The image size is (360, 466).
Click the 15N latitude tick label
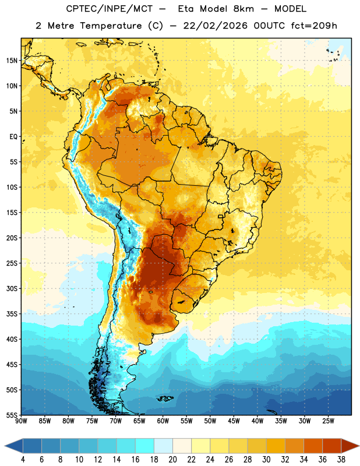point(12,61)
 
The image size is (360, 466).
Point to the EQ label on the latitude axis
point(13,137)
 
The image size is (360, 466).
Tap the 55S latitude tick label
point(12,415)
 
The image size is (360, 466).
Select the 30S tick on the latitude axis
point(12,288)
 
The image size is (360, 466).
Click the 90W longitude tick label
point(21,421)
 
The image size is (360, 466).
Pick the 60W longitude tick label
point(163,421)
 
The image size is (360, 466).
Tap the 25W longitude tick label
point(328,421)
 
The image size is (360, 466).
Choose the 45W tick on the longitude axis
point(234,421)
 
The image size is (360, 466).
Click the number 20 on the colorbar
point(172,460)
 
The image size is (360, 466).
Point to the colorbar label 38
point(341,460)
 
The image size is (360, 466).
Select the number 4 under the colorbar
point(23,460)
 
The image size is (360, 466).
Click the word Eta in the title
point(186,9)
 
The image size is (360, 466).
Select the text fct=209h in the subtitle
point(314,26)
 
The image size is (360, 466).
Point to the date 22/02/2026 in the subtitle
point(215,26)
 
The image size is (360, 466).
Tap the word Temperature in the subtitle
point(111,26)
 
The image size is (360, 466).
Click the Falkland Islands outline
point(165,398)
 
